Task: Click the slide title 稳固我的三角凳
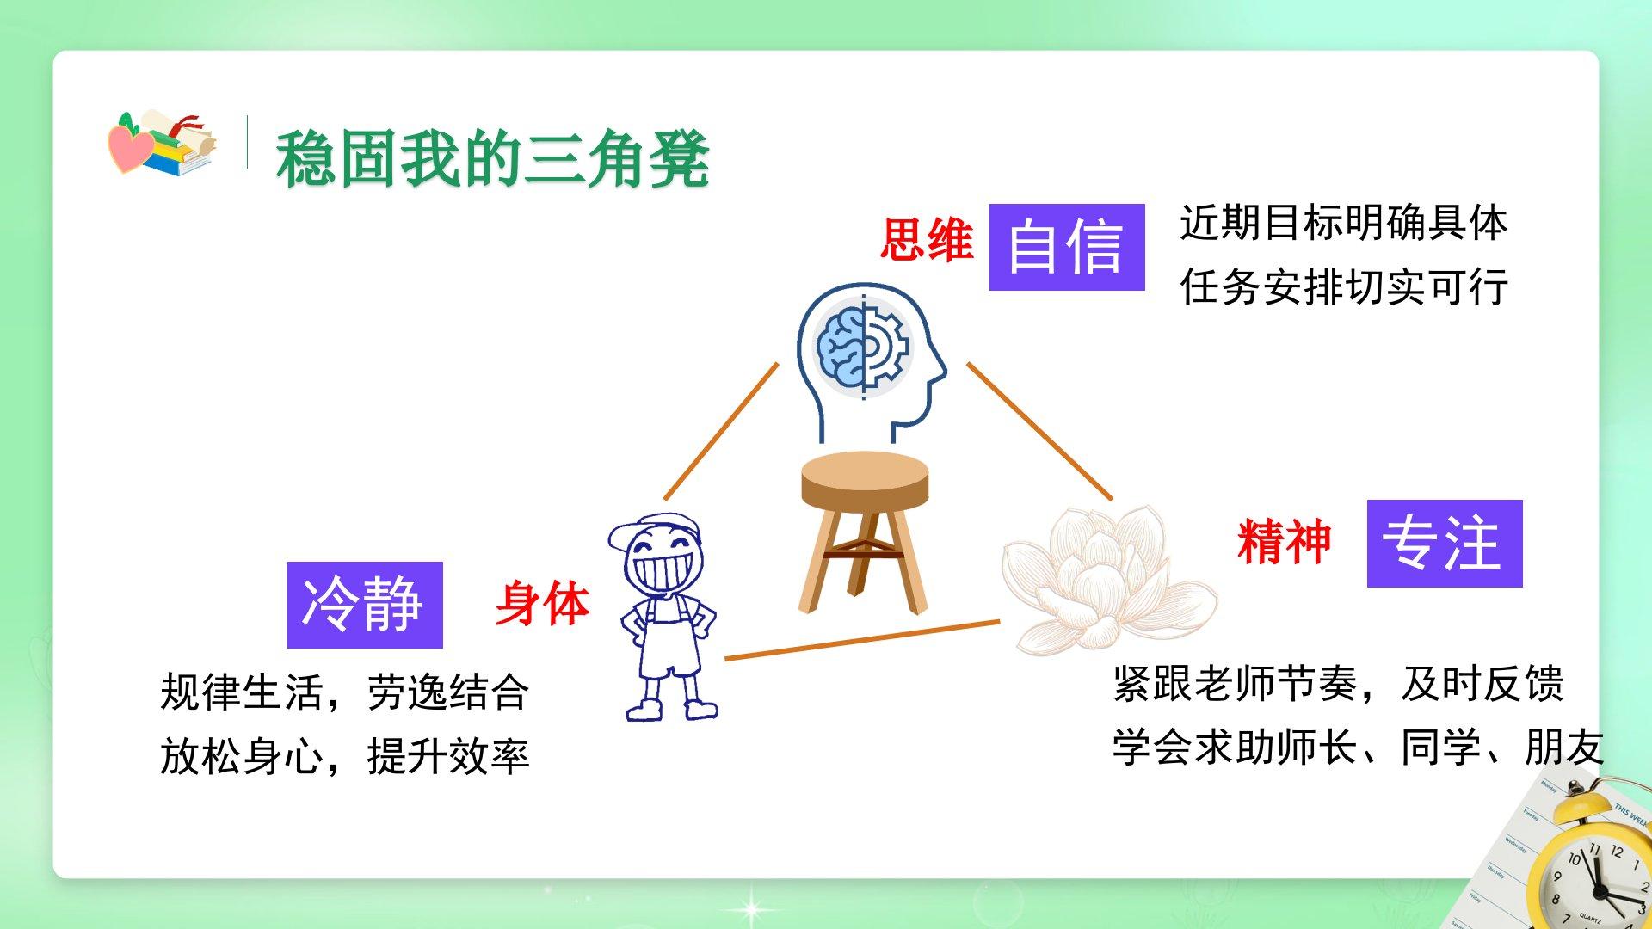[x=492, y=159]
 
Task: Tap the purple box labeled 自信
[x=1067, y=247]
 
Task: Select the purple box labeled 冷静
[x=365, y=605]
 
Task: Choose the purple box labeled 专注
[x=1445, y=544]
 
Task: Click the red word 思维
[x=927, y=239]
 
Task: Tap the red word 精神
[x=1284, y=542]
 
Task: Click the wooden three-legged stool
[x=865, y=532]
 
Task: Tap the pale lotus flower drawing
[x=1110, y=579]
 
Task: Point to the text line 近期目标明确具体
[x=1344, y=223]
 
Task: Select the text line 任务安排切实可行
[x=1344, y=286]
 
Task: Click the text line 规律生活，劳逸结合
[x=344, y=692]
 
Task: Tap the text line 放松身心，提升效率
[x=344, y=756]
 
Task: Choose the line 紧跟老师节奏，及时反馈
[x=1338, y=684]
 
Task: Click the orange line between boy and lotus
[x=862, y=640]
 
